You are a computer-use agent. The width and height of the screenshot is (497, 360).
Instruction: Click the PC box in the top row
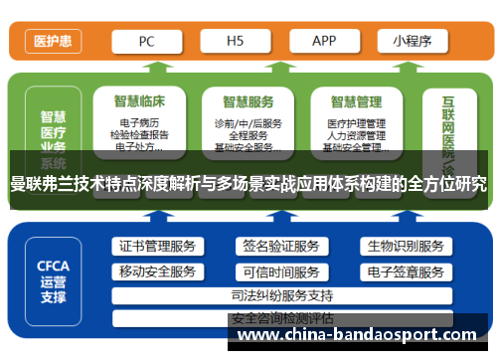[x=147, y=41]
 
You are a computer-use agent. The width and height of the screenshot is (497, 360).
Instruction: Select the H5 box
[x=235, y=41]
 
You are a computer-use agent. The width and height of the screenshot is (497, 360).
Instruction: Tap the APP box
[x=324, y=41]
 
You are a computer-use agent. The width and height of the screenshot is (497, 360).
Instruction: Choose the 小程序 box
[x=412, y=41]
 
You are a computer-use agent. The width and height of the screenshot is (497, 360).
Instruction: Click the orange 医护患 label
[x=51, y=42]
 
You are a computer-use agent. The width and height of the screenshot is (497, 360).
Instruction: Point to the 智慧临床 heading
[x=138, y=100]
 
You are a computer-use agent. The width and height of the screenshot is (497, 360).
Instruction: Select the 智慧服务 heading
[x=248, y=100]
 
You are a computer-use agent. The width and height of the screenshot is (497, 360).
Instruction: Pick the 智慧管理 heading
[x=356, y=100]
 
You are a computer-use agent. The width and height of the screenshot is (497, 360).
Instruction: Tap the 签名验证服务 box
[x=279, y=247]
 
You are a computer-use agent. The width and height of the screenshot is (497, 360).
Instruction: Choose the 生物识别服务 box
[x=405, y=247]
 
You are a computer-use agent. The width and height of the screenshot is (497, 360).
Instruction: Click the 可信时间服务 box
[x=279, y=271]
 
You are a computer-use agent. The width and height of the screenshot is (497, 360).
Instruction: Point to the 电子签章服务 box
[x=405, y=271]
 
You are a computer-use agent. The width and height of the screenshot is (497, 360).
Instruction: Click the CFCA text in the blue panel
[x=54, y=266]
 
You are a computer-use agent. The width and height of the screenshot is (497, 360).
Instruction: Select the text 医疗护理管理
[x=356, y=122]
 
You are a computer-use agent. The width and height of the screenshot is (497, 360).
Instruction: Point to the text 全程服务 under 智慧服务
[x=248, y=134]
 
